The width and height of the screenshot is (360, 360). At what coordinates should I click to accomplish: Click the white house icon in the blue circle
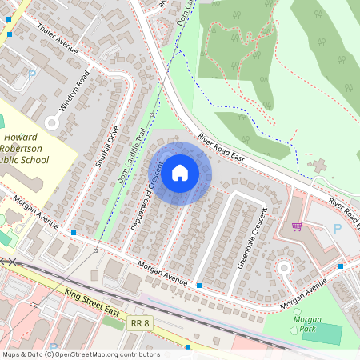click(180, 173)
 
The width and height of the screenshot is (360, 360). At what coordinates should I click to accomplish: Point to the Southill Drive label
click(107, 146)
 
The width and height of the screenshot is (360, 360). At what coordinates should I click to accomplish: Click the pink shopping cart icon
click(298, 226)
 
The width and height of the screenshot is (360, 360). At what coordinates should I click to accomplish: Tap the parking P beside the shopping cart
click(336, 228)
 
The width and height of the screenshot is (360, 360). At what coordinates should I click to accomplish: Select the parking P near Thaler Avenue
click(32, 74)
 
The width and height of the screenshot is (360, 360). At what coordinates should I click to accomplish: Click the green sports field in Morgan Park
click(321, 334)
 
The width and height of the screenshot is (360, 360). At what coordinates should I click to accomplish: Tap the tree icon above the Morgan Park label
click(298, 310)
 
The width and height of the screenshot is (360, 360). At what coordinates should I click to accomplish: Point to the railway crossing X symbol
click(9, 261)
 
